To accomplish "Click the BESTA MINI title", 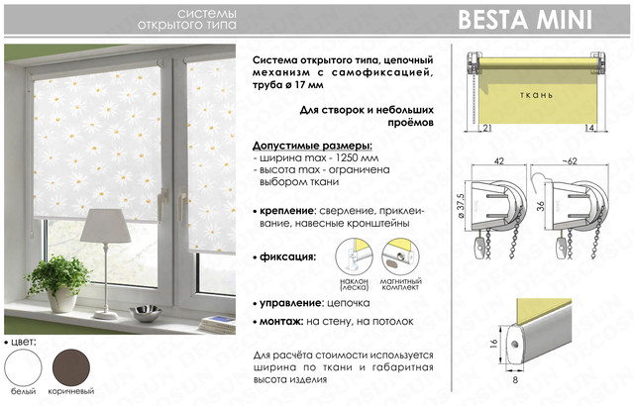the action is coord(525,20).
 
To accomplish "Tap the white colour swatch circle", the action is coord(23,367).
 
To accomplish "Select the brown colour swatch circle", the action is coord(71,367).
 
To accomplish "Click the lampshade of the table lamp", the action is coord(106,226).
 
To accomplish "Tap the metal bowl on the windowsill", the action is coord(146,313).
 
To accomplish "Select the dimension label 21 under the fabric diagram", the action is coord(487,128).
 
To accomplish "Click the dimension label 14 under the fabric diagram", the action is coord(589,128).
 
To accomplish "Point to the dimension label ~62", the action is coord(570,160).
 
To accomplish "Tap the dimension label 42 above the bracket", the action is coord(499,160).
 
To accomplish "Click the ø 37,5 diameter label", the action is coord(462,206).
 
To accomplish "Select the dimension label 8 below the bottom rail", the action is coord(515,379).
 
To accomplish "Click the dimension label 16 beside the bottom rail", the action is coord(493,344).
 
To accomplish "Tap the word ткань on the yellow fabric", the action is coord(536,95).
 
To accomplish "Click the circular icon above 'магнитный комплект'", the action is coord(400,256).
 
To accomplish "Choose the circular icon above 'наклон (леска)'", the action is coord(355,256).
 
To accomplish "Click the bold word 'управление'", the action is coord(290,303).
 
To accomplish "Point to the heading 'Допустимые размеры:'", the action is coord(313,146).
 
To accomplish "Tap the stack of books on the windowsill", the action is coord(218,324).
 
